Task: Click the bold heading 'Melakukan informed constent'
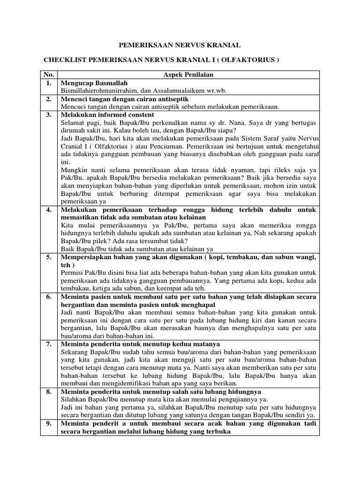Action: pyautogui.click(x=107, y=114)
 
